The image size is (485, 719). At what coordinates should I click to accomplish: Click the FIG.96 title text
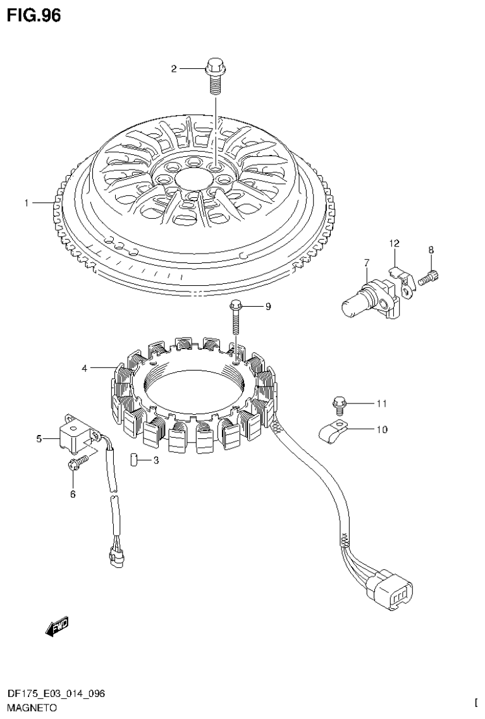click(34, 16)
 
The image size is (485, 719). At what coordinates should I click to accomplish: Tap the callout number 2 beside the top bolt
click(175, 69)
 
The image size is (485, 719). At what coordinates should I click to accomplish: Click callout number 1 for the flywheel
click(27, 203)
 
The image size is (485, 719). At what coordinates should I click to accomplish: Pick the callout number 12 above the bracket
click(394, 243)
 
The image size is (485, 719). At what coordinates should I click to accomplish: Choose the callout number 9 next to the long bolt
click(267, 307)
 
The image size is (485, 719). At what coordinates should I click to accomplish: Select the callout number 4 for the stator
click(84, 367)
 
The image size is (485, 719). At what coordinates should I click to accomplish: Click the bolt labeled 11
click(339, 402)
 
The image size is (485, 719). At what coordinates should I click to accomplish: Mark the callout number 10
click(381, 430)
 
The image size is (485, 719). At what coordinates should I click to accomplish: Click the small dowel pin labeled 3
click(134, 460)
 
